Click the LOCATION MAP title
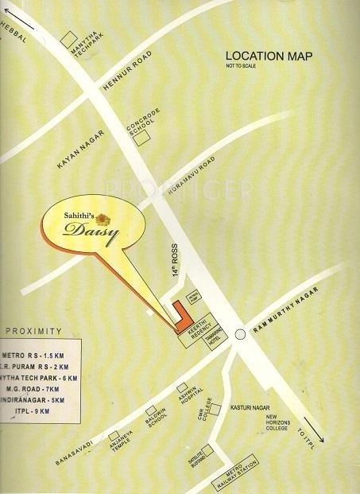point(269,56)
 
